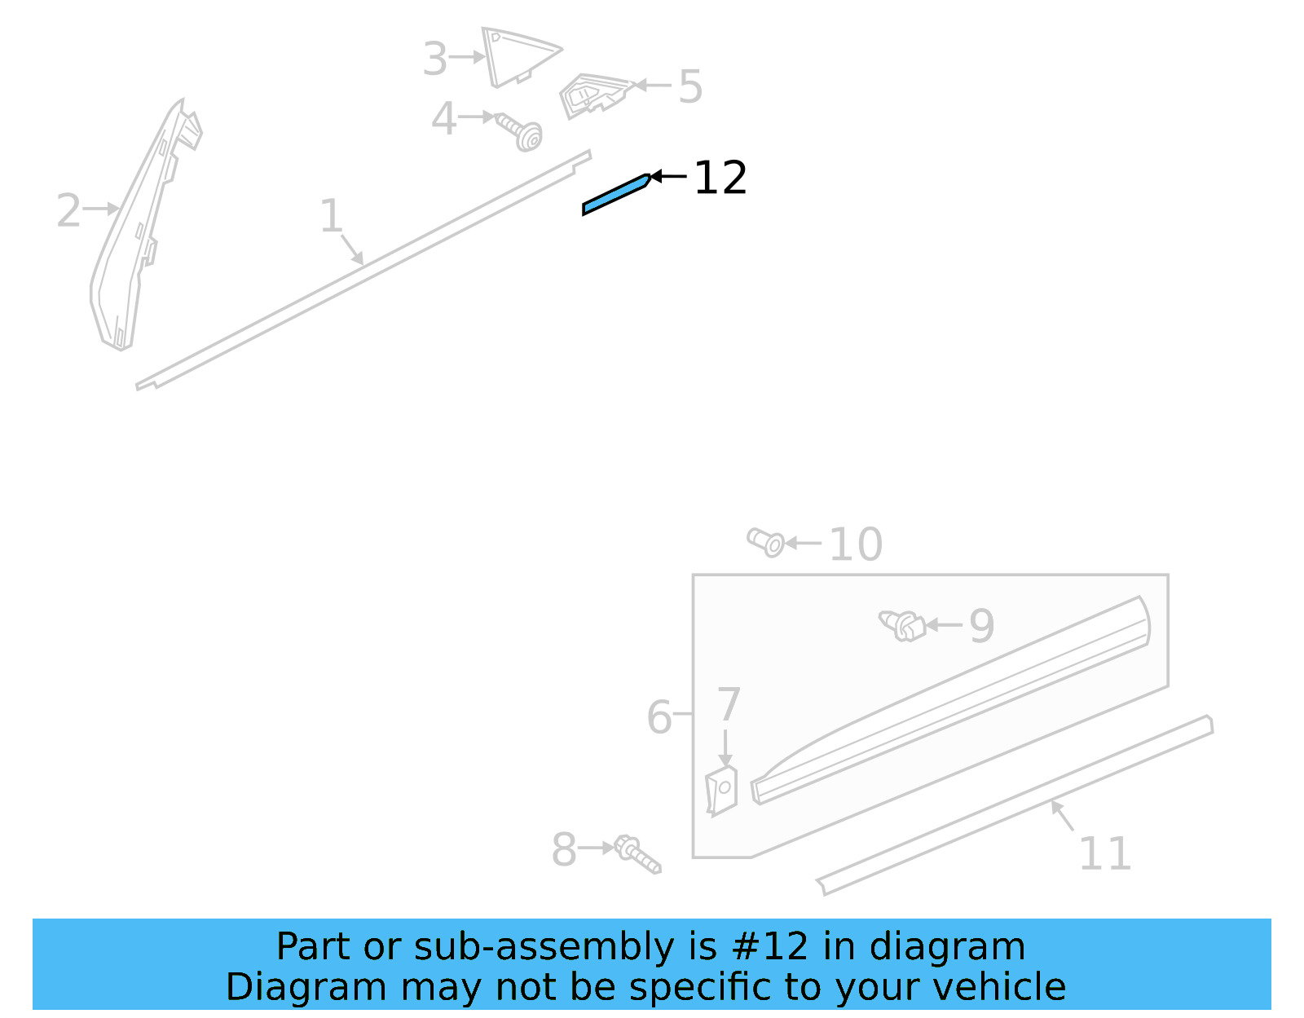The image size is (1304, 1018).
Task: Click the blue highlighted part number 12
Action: [x=616, y=194]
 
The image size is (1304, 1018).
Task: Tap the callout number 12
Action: [x=720, y=178]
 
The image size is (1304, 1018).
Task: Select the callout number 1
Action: [x=331, y=217]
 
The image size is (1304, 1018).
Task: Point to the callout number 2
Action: [x=68, y=211]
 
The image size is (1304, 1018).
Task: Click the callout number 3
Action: [x=435, y=59]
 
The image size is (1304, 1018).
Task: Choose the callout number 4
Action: [x=443, y=120]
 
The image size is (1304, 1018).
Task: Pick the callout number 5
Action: [x=690, y=87]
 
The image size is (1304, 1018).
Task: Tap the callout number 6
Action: [x=659, y=718]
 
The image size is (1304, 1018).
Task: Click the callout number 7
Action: [x=728, y=705]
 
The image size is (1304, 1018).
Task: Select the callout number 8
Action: [x=564, y=850]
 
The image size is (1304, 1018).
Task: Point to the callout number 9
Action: [x=981, y=626]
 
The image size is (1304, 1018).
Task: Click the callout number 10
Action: [x=856, y=544]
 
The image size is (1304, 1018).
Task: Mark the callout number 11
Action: [x=1105, y=854]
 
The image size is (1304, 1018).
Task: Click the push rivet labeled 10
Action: [x=766, y=541]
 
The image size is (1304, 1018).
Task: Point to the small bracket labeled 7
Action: [x=721, y=789]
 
